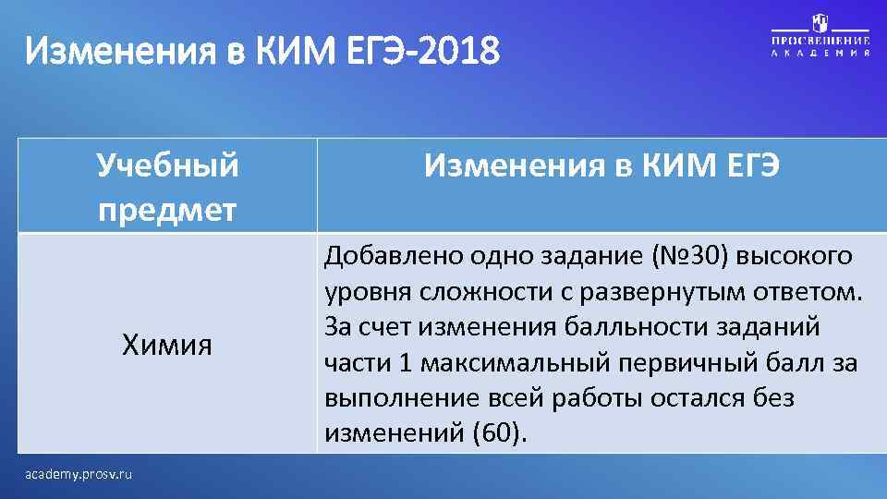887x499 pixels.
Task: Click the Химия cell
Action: tap(167, 346)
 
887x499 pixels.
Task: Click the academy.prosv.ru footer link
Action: tap(79, 474)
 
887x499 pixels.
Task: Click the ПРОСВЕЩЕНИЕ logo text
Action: tap(820, 42)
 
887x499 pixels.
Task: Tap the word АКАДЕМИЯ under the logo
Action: tap(820, 55)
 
